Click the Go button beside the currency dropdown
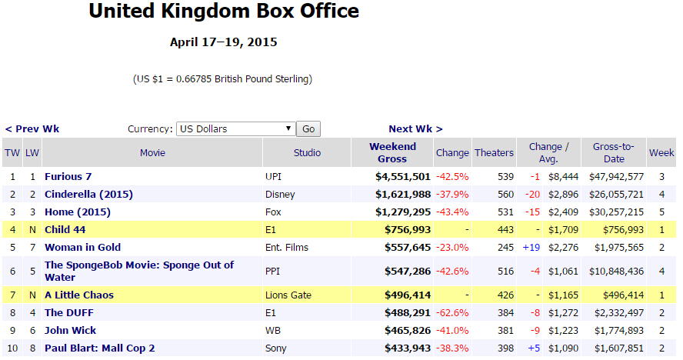click(308, 129)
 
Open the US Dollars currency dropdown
click(235, 129)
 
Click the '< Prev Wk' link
click(32, 129)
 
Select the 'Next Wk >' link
click(415, 129)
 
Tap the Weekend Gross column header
click(392, 152)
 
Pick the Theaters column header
click(494, 153)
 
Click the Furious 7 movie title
click(68, 177)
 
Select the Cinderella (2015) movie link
click(88, 195)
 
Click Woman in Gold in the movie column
click(82, 248)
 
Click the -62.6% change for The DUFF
click(451, 313)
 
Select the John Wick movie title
click(72, 331)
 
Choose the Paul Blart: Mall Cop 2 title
click(100, 348)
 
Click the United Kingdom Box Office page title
click(224, 12)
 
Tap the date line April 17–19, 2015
click(224, 42)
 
